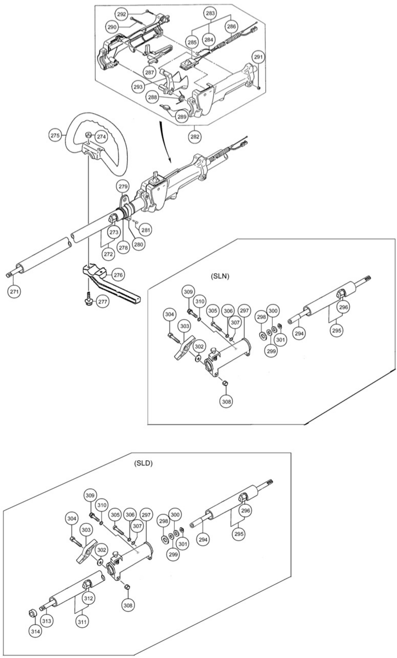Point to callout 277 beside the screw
[x=102, y=302]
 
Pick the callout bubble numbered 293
[x=138, y=87]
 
